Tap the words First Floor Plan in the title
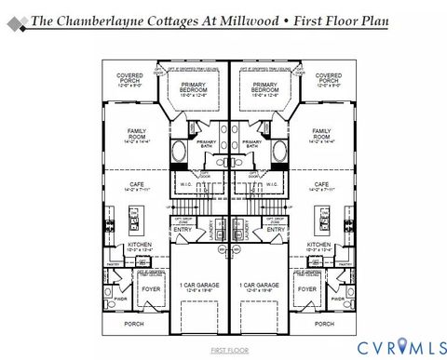337,20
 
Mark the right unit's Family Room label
321,135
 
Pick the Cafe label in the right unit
321,186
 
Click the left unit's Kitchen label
137,247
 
